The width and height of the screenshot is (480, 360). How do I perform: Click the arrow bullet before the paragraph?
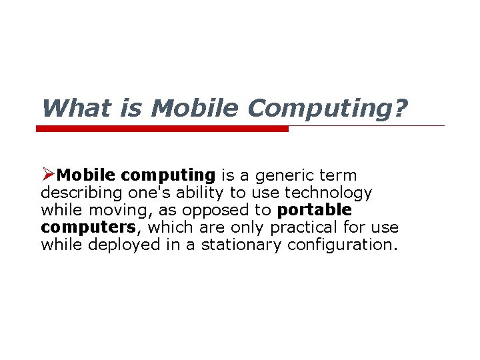[x=47, y=175]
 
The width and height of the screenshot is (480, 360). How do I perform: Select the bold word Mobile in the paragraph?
[x=87, y=175]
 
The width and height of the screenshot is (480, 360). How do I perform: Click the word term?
[x=340, y=175]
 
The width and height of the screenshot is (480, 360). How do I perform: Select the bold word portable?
[x=315, y=211]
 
